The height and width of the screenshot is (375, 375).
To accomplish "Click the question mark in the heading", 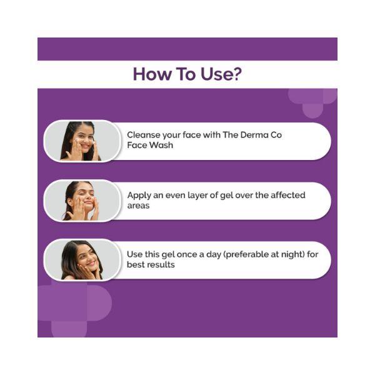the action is click(237, 74).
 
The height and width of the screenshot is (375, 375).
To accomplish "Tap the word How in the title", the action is click(152, 74).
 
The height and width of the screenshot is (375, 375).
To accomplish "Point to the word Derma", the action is click(254, 135).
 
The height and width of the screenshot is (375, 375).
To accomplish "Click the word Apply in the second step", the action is click(139, 196).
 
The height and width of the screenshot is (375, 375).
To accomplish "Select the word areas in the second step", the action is click(138, 206).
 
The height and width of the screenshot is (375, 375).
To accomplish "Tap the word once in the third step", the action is click(187, 254).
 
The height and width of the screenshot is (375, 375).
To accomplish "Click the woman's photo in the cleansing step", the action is click(82, 141).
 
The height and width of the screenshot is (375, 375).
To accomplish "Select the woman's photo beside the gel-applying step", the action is click(82, 201).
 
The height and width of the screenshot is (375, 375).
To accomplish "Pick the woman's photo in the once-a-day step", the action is click(82, 260).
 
